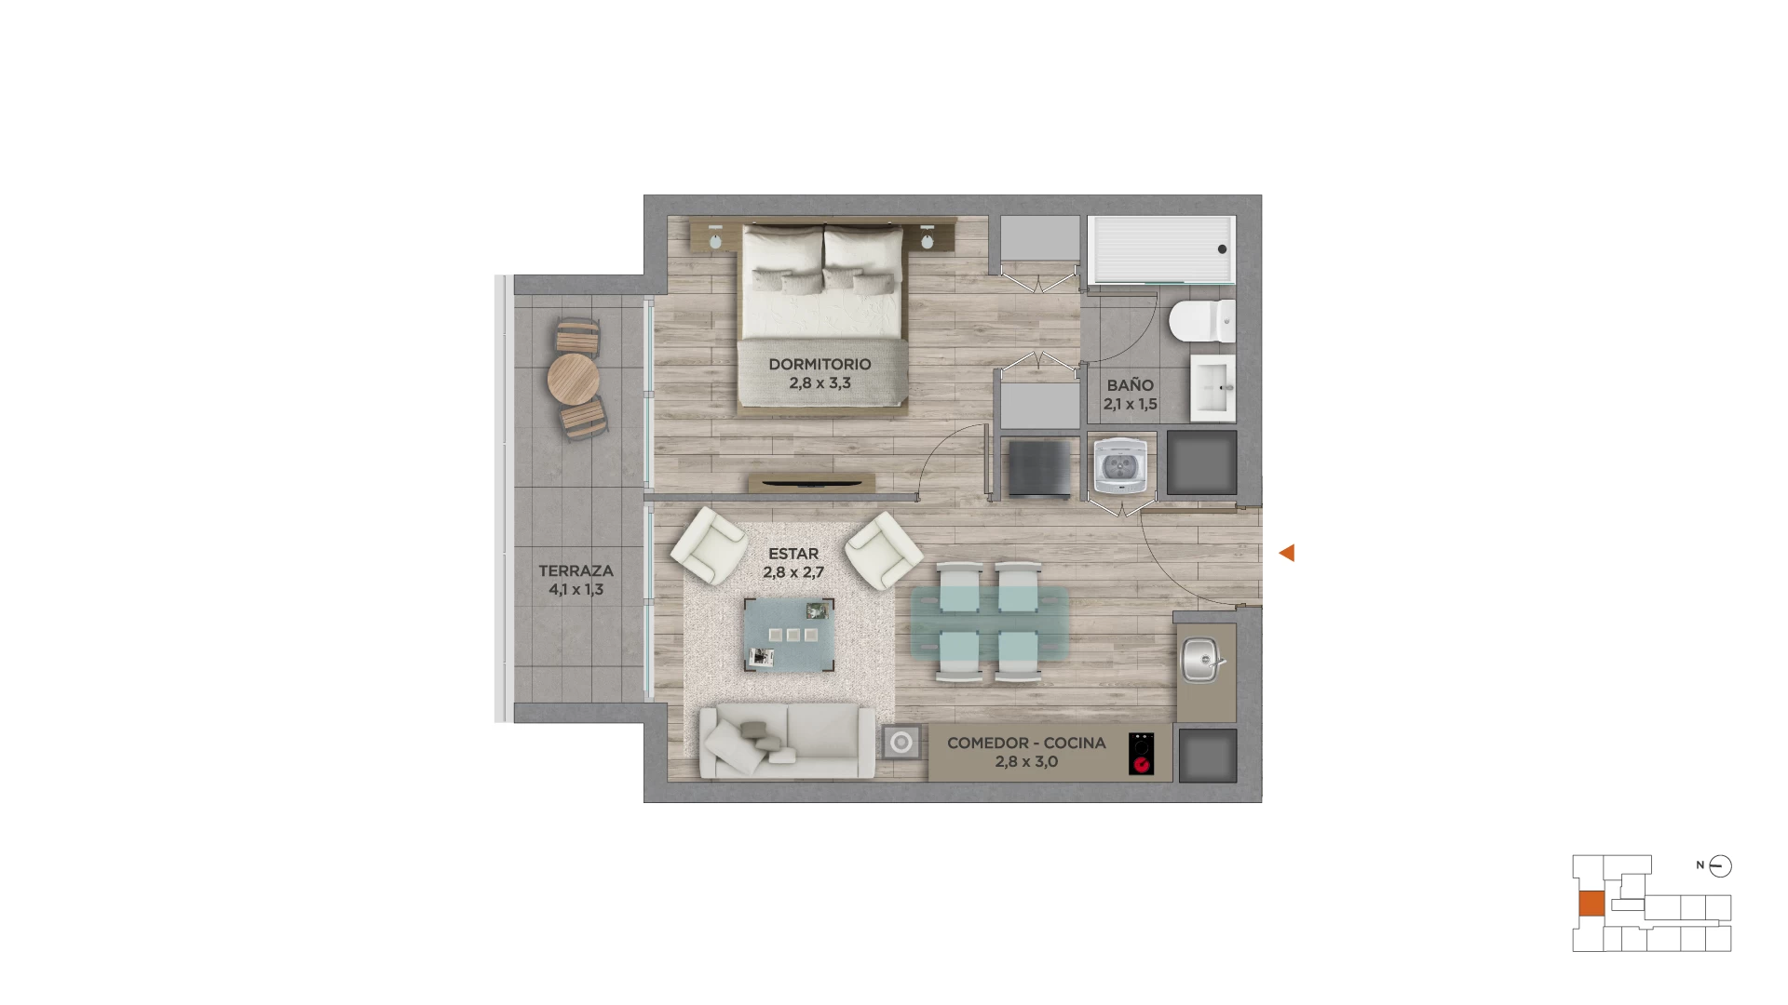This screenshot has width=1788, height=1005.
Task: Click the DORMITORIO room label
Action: pyautogui.click(x=819, y=364)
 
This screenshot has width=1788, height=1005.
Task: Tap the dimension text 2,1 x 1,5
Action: pyautogui.click(x=1131, y=404)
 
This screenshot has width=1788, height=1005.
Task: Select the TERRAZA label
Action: pyautogui.click(x=576, y=570)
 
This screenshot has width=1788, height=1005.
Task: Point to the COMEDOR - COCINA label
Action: pyautogui.click(x=1026, y=743)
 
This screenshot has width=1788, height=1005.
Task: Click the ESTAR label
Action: pyautogui.click(x=793, y=554)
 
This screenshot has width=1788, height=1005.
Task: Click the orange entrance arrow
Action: pyautogui.click(x=1287, y=553)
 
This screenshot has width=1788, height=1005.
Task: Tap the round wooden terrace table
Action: pyautogui.click(x=573, y=379)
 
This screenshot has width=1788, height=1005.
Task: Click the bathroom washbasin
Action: pyautogui.click(x=1212, y=387)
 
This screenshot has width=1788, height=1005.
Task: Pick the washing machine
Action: pyautogui.click(x=1120, y=465)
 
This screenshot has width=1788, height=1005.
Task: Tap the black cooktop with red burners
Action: pyautogui.click(x=1141, y=754)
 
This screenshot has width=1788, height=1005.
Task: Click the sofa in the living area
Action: pyautogui.click(x=787, y=741)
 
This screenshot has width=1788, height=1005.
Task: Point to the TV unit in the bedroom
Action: pyautogui.click(x=812, y=483)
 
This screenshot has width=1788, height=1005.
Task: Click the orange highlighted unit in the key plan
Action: pyautogui.click(x=1592, y=904)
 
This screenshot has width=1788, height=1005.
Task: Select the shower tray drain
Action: pyautogui.click(x=1223, y=249)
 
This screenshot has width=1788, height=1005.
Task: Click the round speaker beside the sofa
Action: pyautogui.click(x=901, y=743)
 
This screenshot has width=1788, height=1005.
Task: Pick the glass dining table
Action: pyautogui.click(x=989, y=623)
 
